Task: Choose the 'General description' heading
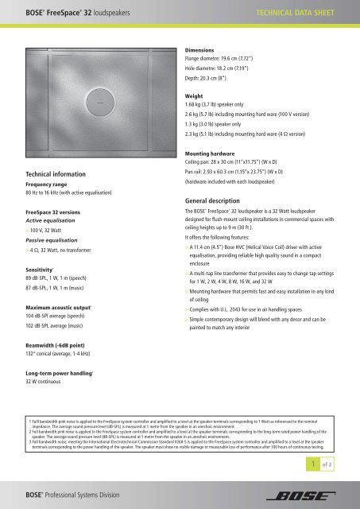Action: coord(219,202)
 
